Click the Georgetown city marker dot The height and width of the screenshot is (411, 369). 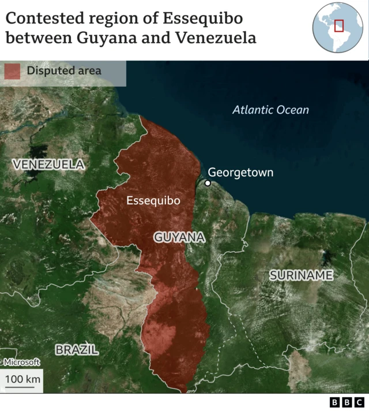208,183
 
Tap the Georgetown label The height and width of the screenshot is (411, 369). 240,172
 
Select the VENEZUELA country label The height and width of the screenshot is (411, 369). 48,165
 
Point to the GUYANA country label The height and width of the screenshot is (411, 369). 179,237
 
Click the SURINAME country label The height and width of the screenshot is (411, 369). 301,275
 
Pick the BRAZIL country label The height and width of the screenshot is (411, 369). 77,349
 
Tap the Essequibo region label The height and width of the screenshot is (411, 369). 153,201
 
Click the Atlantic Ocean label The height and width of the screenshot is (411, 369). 270,110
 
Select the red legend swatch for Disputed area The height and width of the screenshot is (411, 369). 13,71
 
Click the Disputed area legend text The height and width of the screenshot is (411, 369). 63,71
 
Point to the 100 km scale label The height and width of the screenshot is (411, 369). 22,379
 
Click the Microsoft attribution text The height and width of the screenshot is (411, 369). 22,363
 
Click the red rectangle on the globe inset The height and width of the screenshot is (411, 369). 339,25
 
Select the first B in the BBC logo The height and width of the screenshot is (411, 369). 335,402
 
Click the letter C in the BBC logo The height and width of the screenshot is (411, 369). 359,402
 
